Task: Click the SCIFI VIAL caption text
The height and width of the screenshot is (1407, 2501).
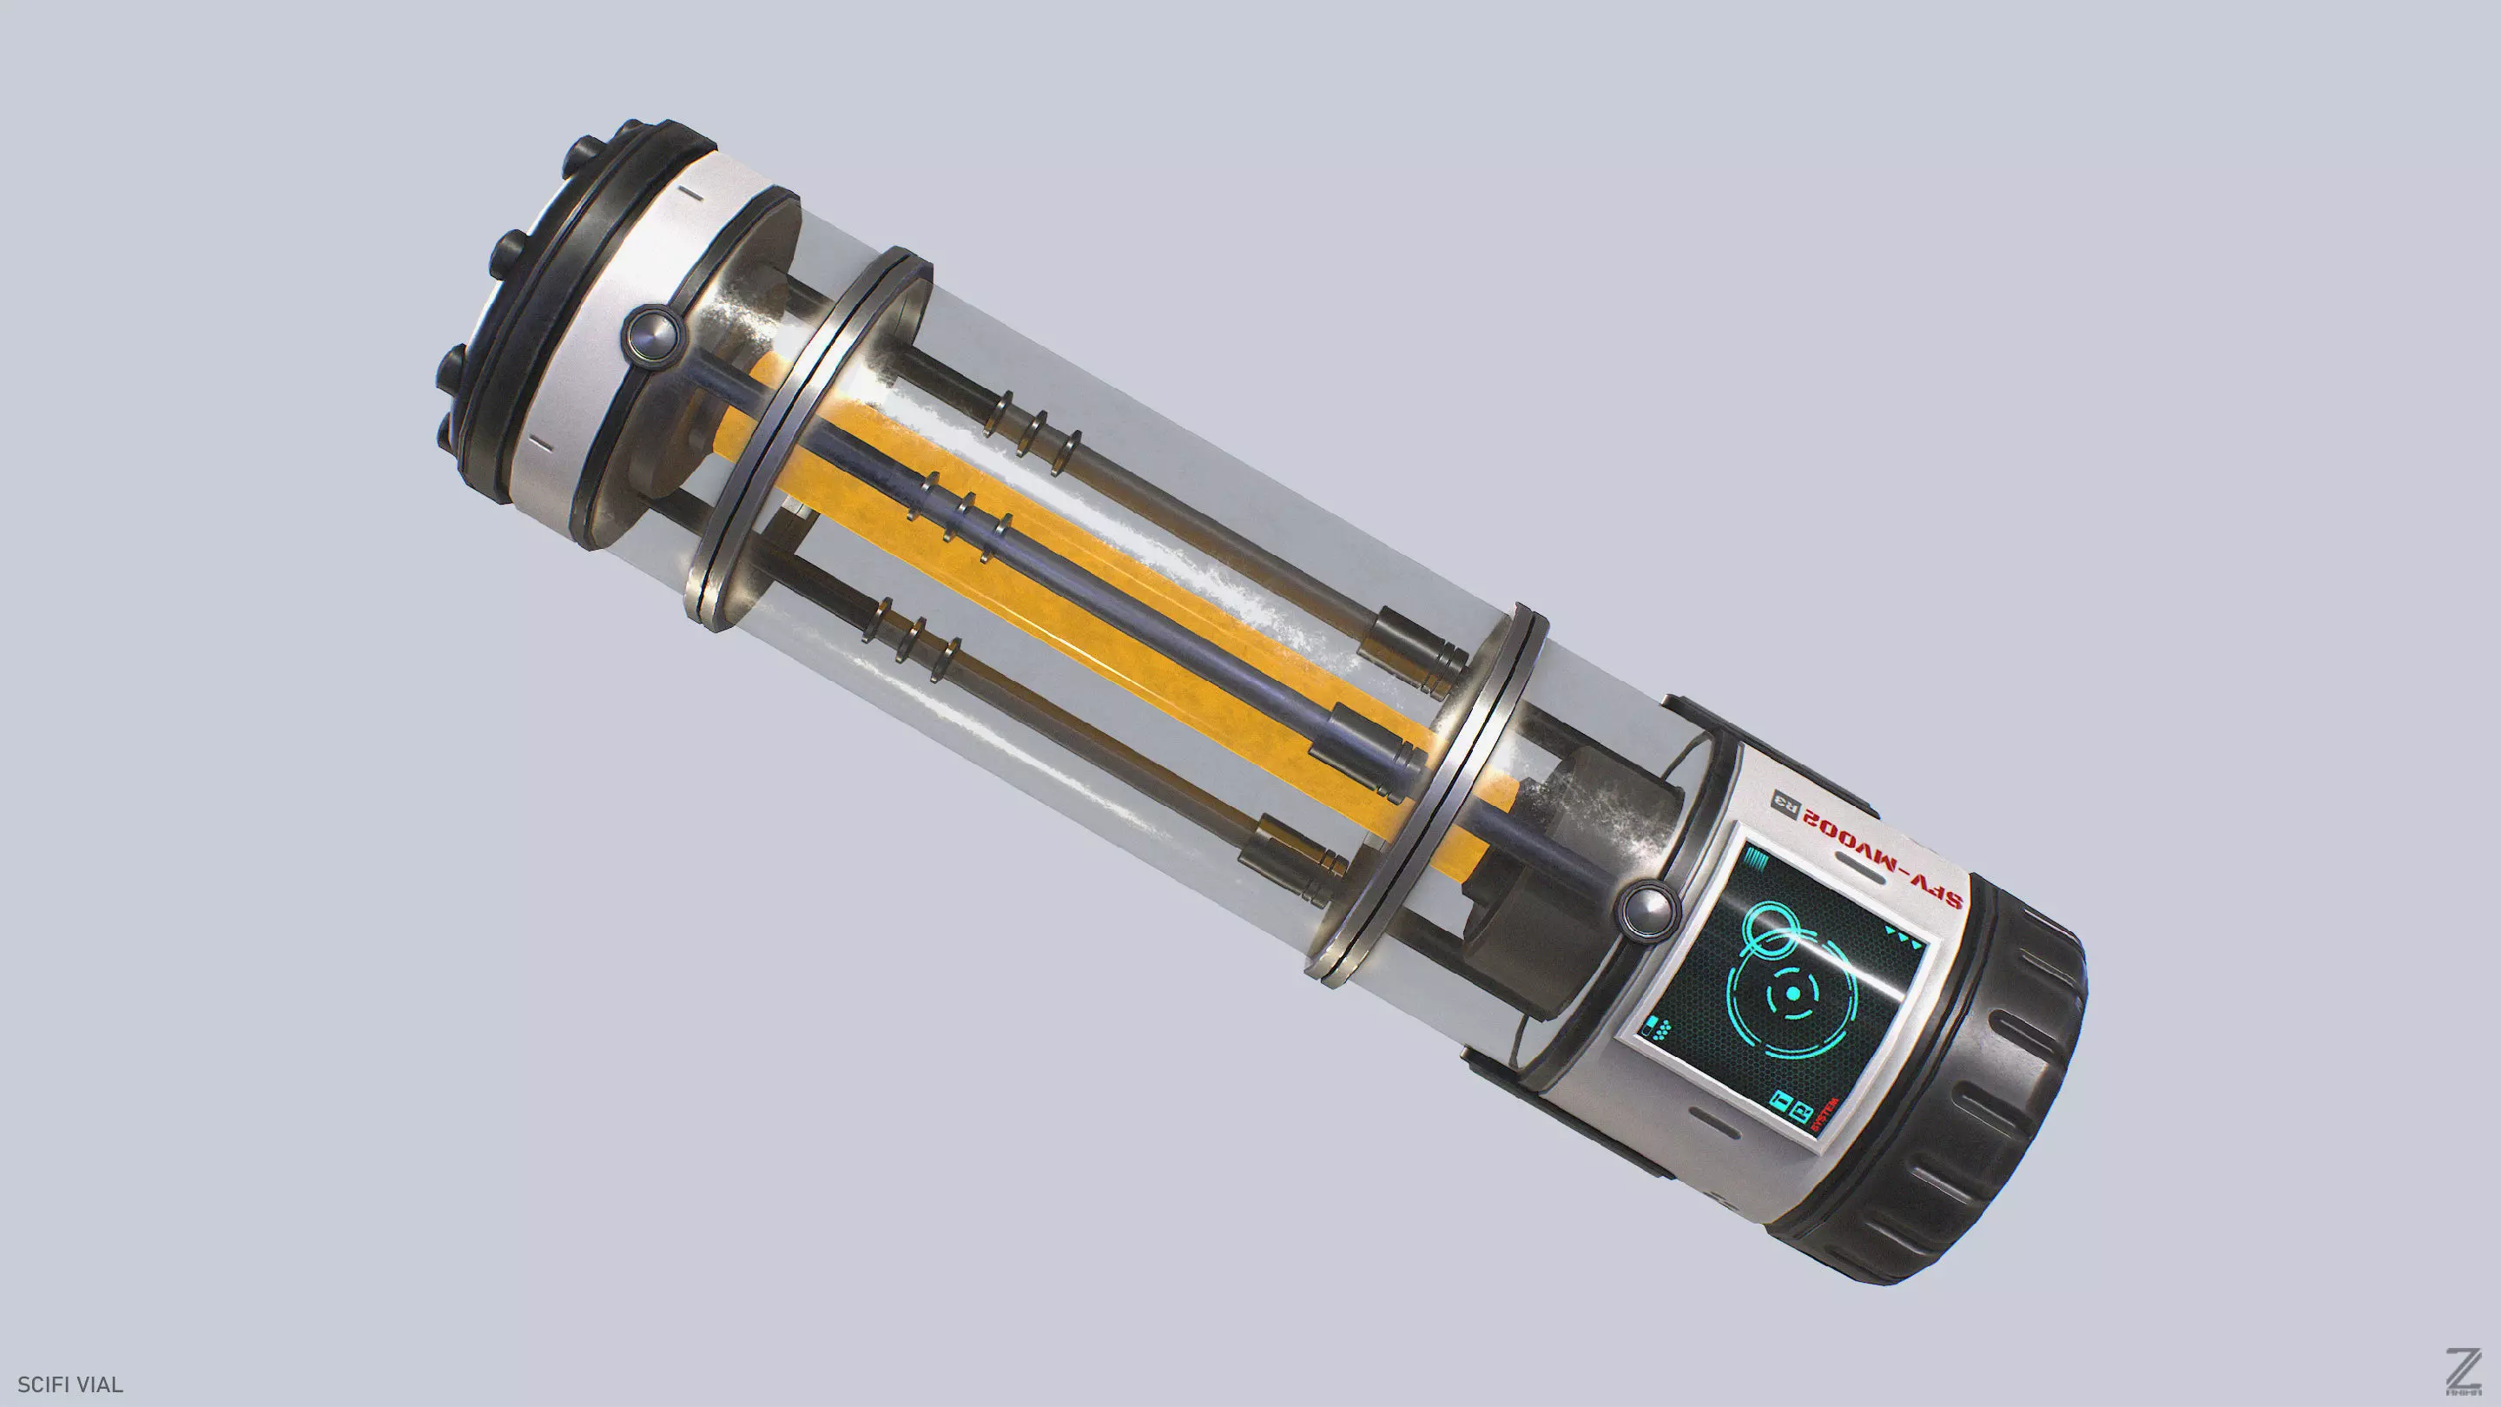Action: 69,1384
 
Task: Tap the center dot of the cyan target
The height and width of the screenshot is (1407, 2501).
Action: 1792,994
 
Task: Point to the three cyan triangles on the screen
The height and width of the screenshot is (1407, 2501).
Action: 1903,935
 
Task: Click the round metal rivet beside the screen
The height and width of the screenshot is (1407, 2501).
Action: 1647,908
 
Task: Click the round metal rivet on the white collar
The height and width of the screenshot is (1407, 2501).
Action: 651,333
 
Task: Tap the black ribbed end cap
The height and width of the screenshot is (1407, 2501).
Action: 2000,1097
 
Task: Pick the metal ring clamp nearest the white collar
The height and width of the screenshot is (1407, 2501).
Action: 806,437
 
